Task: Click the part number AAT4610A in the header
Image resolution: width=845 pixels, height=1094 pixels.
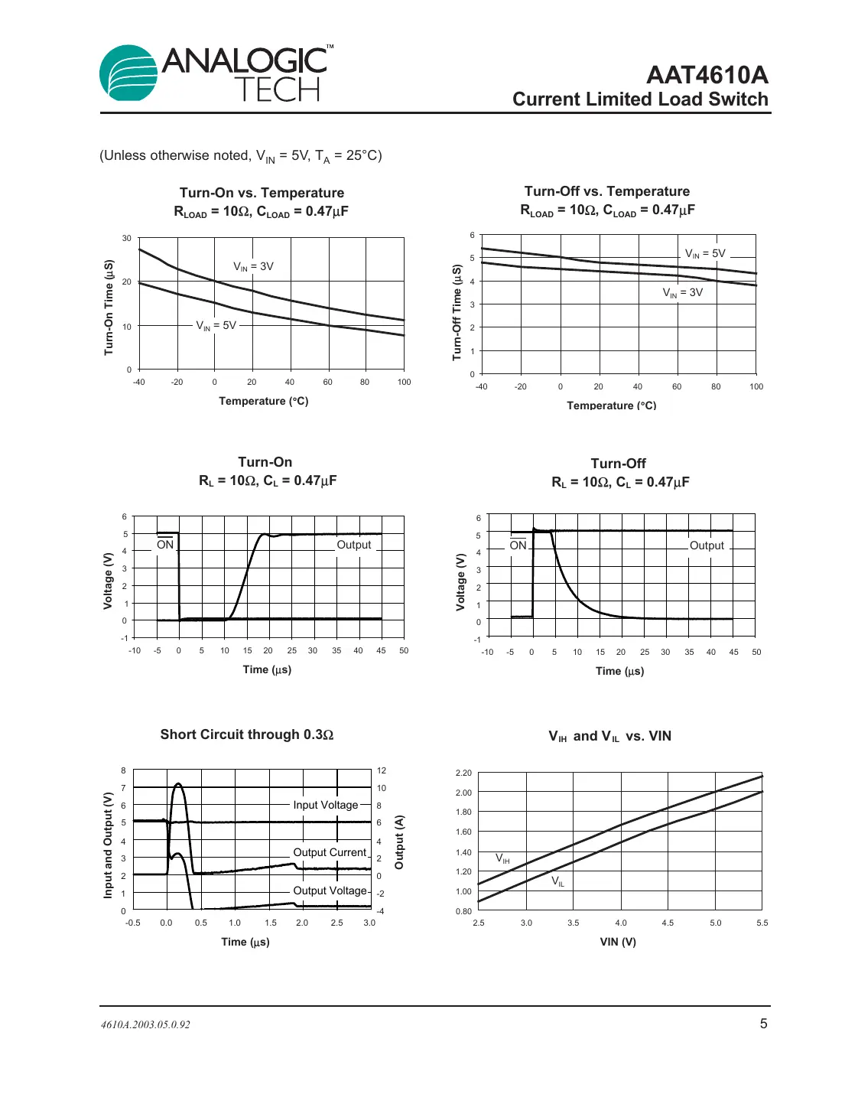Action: click(707, 75)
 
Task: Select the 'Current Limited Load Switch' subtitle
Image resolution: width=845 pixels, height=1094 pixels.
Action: click(640, 99)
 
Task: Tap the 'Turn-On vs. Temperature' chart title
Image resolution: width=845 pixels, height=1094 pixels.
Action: click(262, 193)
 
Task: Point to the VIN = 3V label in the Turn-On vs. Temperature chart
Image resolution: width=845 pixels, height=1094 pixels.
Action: click(253, 267)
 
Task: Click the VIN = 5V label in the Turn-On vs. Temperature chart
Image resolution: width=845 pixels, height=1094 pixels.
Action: click(216, 326)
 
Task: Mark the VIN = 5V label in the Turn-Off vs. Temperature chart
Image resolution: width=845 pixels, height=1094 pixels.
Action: click(705, 254)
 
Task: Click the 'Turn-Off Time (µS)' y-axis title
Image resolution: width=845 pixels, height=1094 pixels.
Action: click(457, 312)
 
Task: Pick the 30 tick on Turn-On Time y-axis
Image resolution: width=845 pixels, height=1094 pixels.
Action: click(126, 239)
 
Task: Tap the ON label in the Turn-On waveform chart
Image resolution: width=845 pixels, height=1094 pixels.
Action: click(165, 545)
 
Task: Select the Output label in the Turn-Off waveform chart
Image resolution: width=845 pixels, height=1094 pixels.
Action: click(707, 545)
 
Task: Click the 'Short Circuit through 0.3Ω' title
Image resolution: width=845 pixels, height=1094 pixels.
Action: click(246, 734)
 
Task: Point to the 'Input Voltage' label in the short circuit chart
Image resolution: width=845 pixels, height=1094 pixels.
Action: click(326, 805)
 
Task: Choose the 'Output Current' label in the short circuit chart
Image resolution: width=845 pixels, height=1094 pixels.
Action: click(330, 852)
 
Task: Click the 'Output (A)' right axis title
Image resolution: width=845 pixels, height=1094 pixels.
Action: click(398, 842)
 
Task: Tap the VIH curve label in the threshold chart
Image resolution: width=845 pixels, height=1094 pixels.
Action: click(502, 858)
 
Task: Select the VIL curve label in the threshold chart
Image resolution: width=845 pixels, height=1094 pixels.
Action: click(558, 881)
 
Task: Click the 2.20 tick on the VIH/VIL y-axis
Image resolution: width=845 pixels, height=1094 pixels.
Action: click(463, 773)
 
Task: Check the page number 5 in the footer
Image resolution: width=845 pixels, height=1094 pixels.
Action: click(763, 1024)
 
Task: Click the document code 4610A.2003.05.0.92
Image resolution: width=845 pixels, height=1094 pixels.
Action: click(145, 1024)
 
